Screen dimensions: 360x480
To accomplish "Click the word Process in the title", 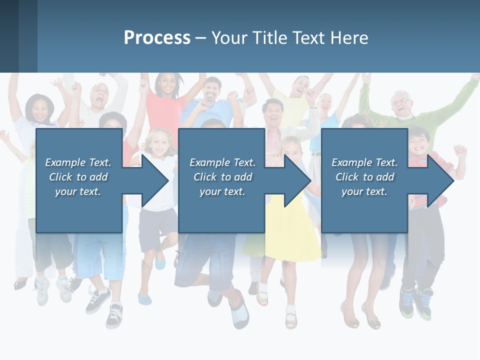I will coord(157,38).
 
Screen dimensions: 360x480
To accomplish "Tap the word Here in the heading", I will coord(349,38).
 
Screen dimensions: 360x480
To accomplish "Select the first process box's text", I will coord(78,177).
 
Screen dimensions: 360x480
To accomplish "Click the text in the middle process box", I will coord(222,177).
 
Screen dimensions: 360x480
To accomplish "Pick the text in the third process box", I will coord(364,177).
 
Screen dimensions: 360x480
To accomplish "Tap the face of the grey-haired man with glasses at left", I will coord(100,95).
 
